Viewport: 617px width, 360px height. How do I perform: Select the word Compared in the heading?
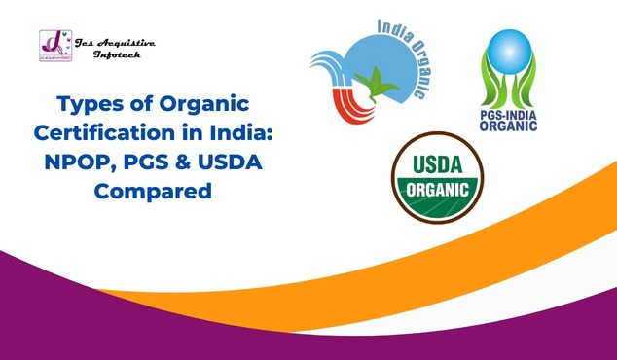tap(153, 192)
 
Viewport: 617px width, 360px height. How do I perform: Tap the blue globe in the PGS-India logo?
tap(514, 57)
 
